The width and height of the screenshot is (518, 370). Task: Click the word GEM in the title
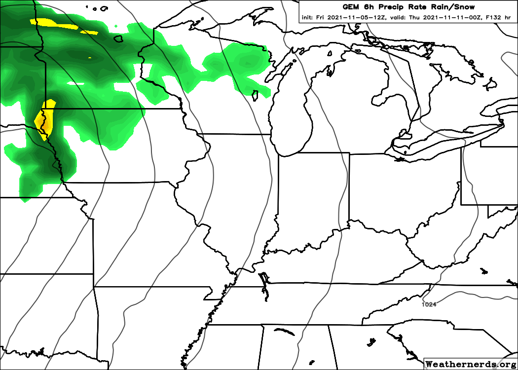pos(351,7)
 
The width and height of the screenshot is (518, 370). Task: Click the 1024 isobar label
pos(429,304)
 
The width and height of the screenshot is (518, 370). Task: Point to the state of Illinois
pos(232,197)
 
